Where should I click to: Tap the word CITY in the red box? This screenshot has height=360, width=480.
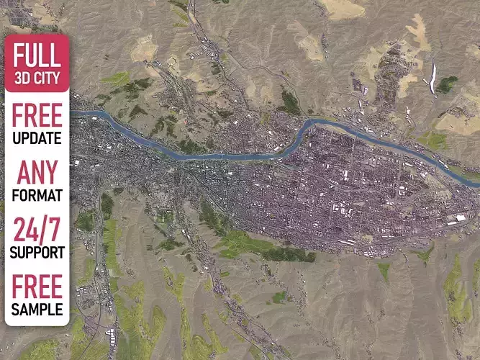tap(50, 77)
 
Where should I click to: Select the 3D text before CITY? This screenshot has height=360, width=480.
tap(23, 77)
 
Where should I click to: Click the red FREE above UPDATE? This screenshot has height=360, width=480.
tap(37, 115)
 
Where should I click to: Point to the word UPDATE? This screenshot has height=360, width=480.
tap(37, 138)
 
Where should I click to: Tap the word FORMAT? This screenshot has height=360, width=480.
tap(37, 195)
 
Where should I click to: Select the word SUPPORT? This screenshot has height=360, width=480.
tap(37, 253)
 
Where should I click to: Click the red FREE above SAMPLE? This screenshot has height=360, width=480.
tap(37, 286)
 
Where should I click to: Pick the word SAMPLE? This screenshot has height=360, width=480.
tap(37, 310)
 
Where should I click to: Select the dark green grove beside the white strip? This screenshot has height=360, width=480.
tap(447, 85)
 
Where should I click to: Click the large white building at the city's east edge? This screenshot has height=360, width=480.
tap(460, 217)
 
